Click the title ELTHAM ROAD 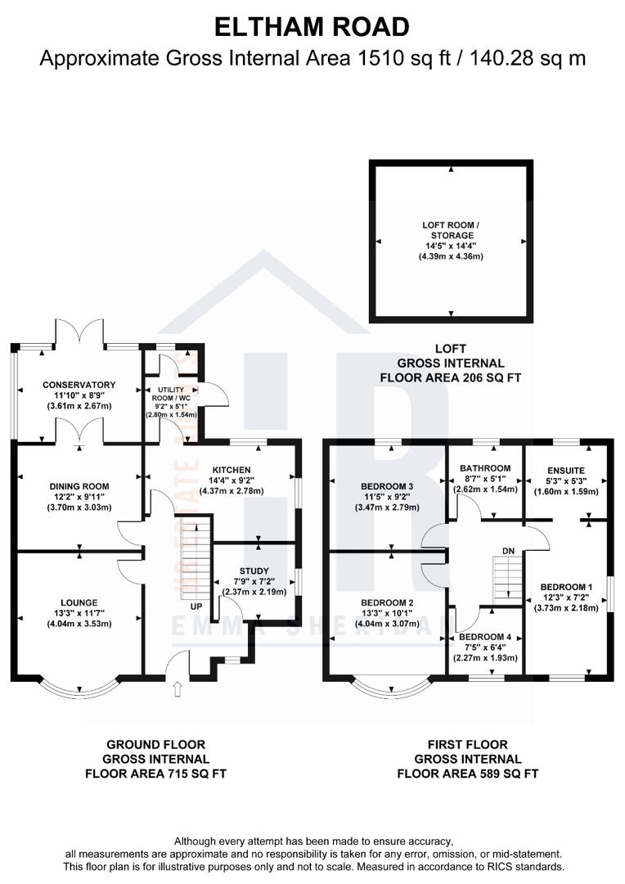coord(312,26)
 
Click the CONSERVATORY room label coord(79,384)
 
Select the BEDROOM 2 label coord(388,602)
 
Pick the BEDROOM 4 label coord(487,636)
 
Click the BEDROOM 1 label coord(565,587)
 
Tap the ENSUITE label coord(565,470)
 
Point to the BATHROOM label coord(487,468)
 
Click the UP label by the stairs coord(196,607)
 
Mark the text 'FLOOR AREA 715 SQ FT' coord(156,773)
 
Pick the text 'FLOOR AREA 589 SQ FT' coord(468,773)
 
